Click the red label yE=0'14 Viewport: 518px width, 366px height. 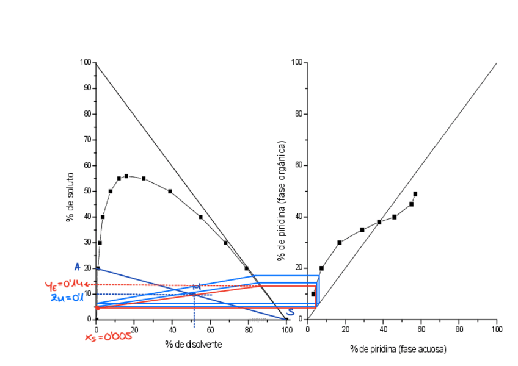click(x=64, y=284)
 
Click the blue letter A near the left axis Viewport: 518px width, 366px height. click(x=77, y=267)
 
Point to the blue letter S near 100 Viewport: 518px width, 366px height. click(x=291, y=312)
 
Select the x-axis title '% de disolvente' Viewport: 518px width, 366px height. click(x=193, y=344)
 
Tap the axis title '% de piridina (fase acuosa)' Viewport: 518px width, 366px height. click(x=398, y=349)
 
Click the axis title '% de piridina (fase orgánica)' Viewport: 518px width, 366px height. click(x=282, y=201)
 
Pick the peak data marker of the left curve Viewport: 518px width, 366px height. click(x=126, y=176)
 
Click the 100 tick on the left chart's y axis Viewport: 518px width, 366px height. click(x=85, y=62)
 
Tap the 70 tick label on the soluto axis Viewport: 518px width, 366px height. click(x=86, y=140)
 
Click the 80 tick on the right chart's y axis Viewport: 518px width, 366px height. click(x=298, y=114)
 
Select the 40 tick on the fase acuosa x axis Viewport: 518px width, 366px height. click(x=383, y=329)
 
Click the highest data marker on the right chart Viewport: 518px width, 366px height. click(x=415, y=194)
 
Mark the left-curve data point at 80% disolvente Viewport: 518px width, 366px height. click(x=247, y=268)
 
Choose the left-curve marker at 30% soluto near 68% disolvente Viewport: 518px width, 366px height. click(x=225, y=243)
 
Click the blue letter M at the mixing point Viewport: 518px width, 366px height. click(x=197, y=287)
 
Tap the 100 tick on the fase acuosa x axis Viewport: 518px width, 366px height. click(x=497, y=329)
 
